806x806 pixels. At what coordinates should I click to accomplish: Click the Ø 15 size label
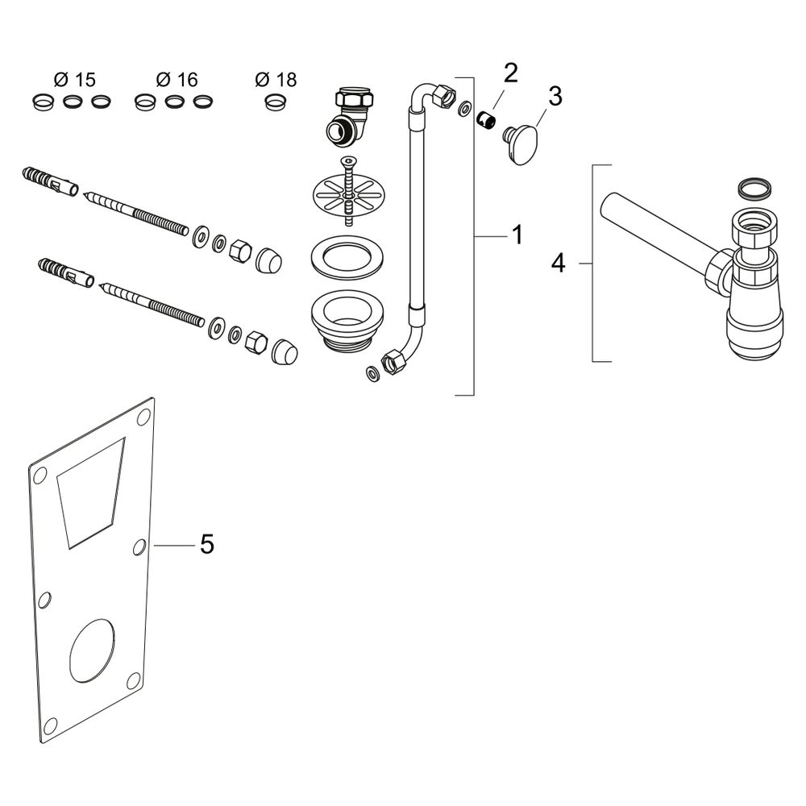coord(74,80)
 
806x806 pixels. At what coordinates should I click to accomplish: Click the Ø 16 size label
coord(177,80)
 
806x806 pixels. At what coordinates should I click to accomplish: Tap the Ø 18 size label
coord(276,80)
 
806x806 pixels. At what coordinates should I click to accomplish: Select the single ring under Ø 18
coord(275,102)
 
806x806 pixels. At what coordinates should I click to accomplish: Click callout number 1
coord(517,235)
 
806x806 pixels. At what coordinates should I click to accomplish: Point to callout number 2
coord(510,73)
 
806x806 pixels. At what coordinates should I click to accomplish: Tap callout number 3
coord(555,96)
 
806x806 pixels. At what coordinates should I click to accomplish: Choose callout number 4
coord(558,264)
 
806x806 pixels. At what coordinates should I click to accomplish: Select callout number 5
coord(206,544)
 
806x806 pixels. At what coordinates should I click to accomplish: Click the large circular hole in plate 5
coord(93,650)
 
